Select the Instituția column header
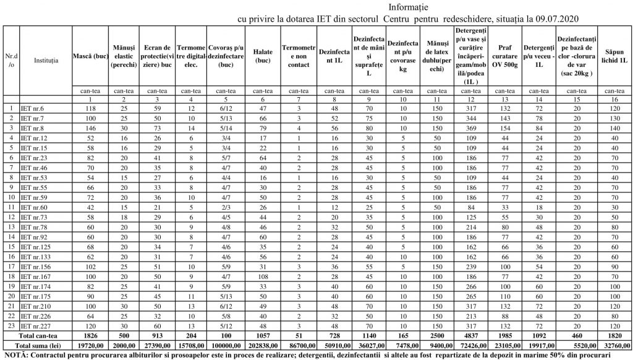tap(46, 60)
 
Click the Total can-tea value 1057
tap(263, 336)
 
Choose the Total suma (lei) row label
tap(38, 346)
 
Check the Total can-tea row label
tap(38, 336)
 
